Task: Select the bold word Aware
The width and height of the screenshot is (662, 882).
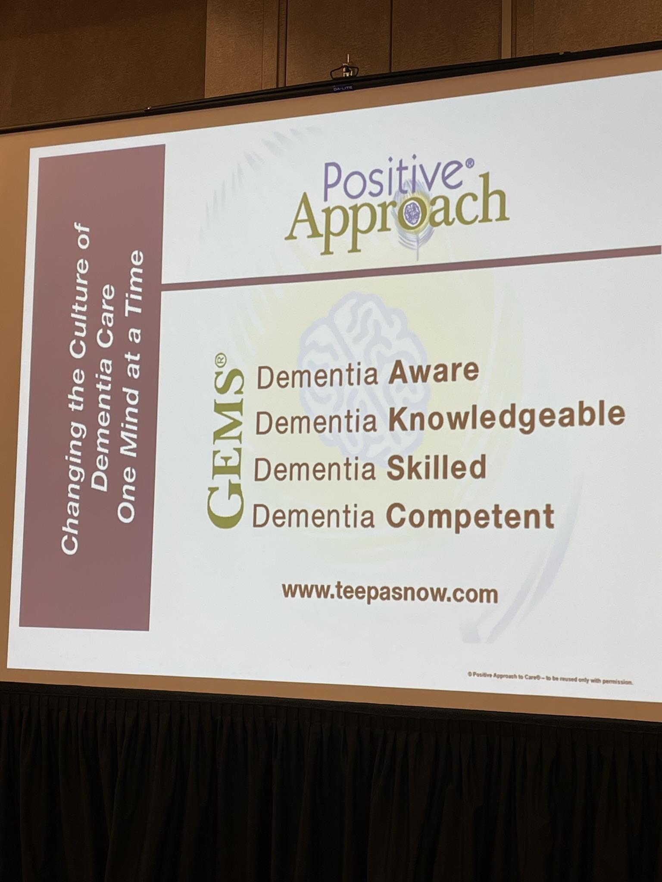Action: click(x=434, y=372)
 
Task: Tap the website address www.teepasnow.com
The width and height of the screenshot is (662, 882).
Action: click(x=390, y=593)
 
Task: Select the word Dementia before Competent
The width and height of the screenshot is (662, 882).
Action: click(x=313, y=516)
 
